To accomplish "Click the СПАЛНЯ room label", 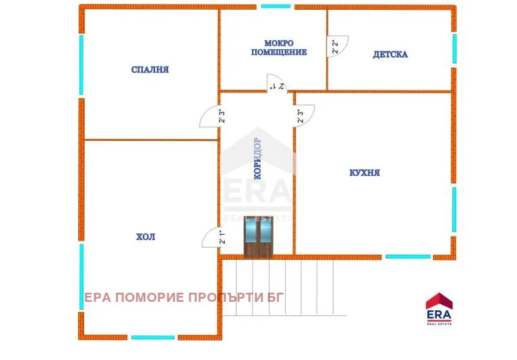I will coord(149,70).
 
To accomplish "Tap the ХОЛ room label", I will coord(145,237).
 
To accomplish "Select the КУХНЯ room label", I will coord(364,173).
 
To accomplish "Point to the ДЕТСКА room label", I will coord(390,54).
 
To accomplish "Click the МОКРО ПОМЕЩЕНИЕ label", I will coord(279,47).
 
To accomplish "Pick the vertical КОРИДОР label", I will coord(257,158).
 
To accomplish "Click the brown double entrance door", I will coord(259,237).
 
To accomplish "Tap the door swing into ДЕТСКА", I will coord(337,47).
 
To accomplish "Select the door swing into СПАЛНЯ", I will coord(210,116).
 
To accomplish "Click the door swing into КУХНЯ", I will coord(305,116).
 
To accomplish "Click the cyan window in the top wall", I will coord(276,6).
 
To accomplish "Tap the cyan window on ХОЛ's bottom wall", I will coord(153,337).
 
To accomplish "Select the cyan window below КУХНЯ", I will coord(408,257).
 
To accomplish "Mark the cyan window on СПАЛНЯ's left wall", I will coord(81,63).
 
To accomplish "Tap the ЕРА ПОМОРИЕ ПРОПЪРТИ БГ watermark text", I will coord(184,298).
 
